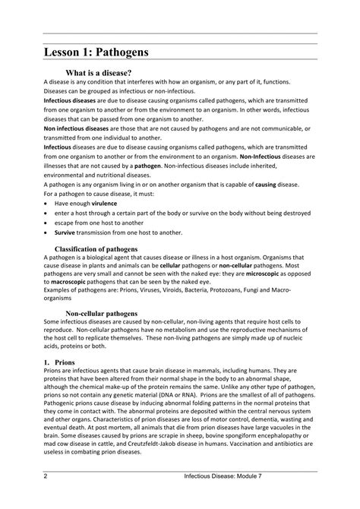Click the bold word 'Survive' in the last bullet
(x=68, y=232)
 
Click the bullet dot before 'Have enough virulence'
(x=48, y=204)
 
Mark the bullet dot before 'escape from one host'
(x=48, y=223)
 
